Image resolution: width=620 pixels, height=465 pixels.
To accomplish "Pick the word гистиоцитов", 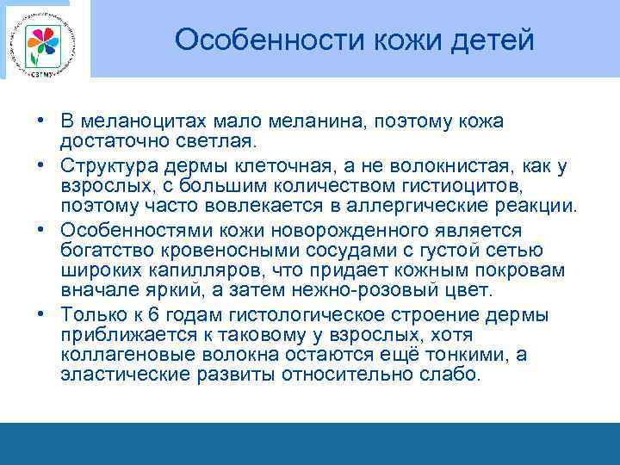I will (x=418, y=184).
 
